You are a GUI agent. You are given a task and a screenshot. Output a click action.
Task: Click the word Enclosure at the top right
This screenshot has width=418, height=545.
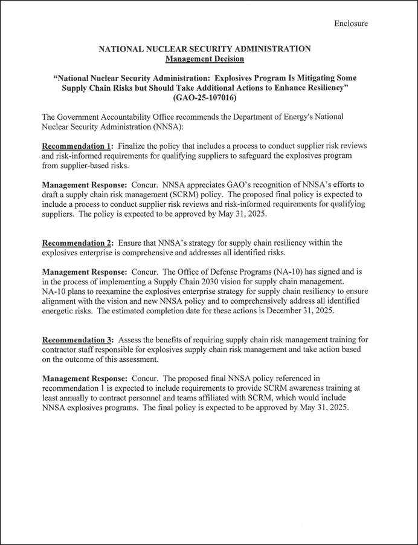[351, 24]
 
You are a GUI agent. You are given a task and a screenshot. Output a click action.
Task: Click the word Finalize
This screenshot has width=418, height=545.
[136, 146]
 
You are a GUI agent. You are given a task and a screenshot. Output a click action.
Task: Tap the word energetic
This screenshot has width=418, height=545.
[61, 311]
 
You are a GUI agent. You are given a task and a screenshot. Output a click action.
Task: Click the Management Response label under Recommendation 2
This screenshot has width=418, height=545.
[84, 272]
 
